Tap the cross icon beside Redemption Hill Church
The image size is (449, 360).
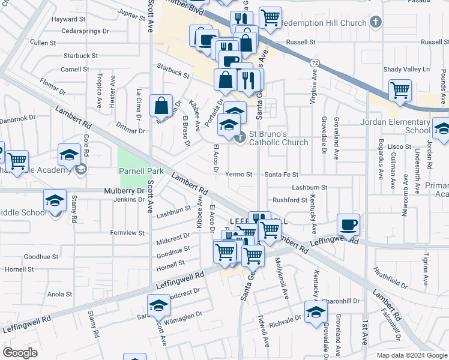coord(376,23)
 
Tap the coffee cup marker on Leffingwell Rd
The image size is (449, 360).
coord(349,224)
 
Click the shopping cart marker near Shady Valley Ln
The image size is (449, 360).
coord(400,91)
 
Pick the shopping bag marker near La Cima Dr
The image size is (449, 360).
coord(161,106)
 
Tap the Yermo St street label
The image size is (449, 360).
coord(238,175)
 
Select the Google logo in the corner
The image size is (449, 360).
coord(20,353)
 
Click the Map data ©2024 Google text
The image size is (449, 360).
coord(411,355)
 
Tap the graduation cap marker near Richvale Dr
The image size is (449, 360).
coord(316,313)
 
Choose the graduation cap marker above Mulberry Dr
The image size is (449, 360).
coord(55,199)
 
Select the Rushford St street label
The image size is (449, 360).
coord(290,200)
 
